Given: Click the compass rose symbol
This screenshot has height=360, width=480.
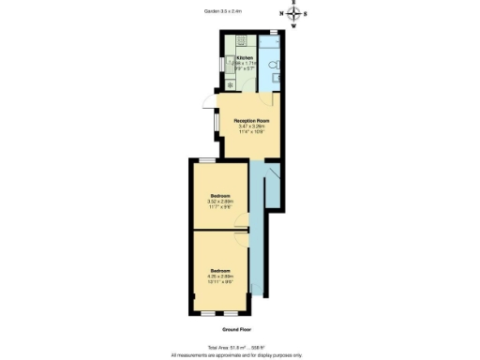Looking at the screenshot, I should [x=293, y=14].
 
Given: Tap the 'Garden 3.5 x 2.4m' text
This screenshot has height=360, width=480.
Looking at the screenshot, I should [x=223, y=12].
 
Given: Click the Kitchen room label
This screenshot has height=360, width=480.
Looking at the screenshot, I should [x=245, y=57].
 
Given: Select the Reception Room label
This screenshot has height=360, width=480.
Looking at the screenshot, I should [x=251, y=120].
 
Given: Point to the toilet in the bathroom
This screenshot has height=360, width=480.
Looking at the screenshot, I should [x=271, y=67].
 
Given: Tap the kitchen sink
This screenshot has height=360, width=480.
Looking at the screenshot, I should [x=230, y=64].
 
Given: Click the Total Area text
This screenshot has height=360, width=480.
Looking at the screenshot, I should [x=238, y=347].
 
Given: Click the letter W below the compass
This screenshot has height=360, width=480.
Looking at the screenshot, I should [x=293, y=25].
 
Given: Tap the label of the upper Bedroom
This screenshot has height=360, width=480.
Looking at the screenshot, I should [x=221, y=195].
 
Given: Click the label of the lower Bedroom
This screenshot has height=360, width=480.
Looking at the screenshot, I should [x=221, y=269].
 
